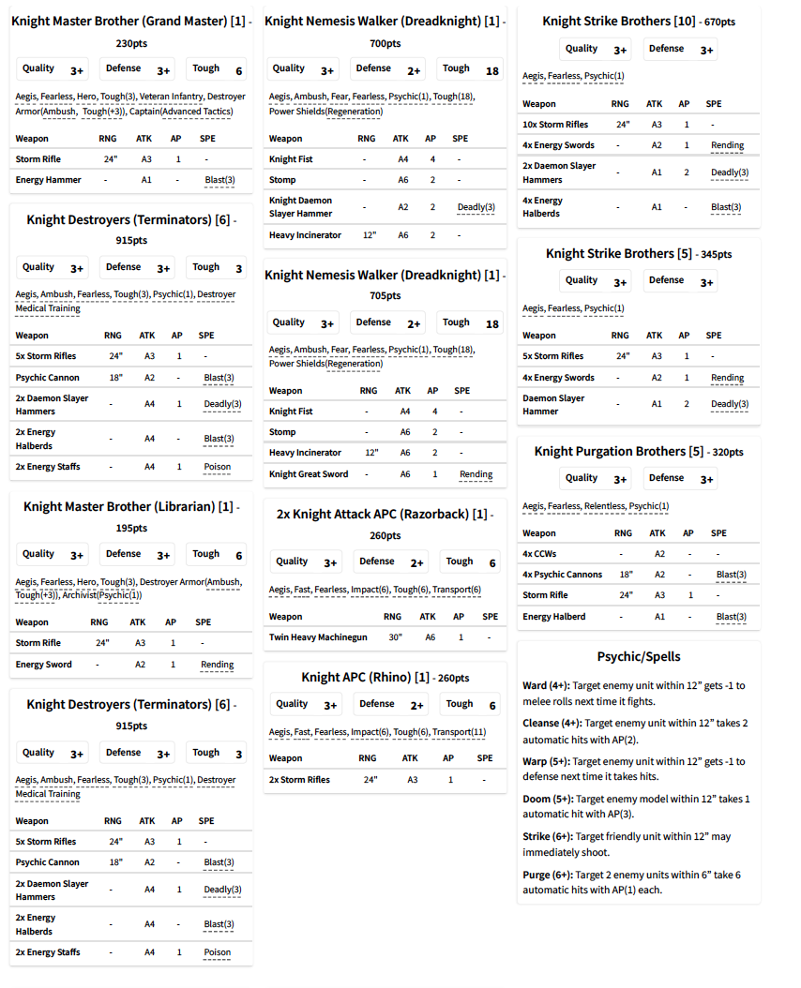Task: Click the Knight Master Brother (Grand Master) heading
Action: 119,21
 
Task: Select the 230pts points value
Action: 131,43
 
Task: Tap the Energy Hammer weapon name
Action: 49,180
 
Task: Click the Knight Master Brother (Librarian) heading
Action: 119,506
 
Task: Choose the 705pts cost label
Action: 385,295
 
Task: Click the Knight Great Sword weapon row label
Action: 309,474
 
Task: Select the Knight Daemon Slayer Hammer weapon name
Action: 301,207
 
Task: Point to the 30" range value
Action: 394,637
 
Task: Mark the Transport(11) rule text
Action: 459,732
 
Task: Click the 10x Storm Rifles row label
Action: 555,125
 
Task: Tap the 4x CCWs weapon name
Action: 541,554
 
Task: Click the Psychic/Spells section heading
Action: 639,656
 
